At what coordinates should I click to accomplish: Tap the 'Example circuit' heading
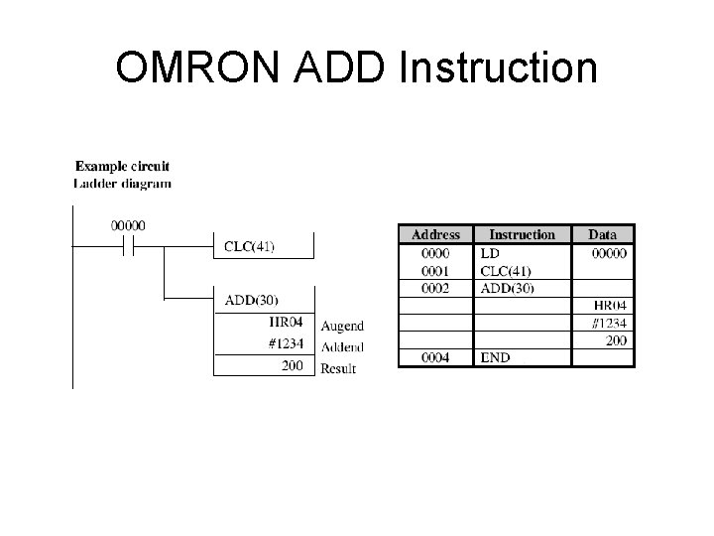coord(121,166)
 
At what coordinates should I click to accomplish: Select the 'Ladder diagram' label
coord(122,183)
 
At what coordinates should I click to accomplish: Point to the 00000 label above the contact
coord(127,225)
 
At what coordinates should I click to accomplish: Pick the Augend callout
coord(342,326)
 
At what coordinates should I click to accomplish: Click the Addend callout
coord(342,347)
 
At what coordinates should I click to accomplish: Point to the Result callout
coord(338,369)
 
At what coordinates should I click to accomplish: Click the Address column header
coord(435,235)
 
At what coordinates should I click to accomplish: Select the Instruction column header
coord(522,235)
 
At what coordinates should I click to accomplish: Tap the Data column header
coord(602,235)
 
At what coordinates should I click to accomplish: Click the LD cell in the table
coord(490,254)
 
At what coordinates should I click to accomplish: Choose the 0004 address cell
coord(435,357)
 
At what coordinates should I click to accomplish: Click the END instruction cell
coord(495,357)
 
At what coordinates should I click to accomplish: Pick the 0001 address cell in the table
coord(435,270)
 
